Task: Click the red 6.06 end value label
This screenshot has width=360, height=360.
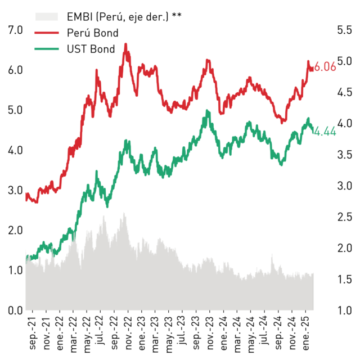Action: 325,67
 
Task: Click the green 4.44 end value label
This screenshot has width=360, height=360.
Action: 325,132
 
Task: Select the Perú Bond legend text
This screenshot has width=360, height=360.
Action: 93,33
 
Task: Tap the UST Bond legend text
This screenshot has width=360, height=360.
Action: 91,49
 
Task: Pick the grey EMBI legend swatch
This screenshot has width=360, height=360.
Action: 47,17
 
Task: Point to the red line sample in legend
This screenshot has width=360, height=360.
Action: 47,33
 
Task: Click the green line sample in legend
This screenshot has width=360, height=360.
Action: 47,49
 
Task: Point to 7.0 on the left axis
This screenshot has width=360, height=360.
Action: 15,30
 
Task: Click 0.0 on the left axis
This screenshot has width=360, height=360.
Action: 15,310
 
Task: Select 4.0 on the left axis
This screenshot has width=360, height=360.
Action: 15,150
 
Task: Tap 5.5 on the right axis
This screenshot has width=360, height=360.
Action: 345,30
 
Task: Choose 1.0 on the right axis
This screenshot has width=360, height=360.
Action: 345,310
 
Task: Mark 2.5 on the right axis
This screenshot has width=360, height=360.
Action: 345,217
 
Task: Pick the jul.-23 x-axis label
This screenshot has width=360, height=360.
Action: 182,330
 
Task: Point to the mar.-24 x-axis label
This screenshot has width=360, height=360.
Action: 237,334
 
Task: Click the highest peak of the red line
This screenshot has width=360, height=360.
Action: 126,44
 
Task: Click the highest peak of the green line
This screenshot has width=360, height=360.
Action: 207,110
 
